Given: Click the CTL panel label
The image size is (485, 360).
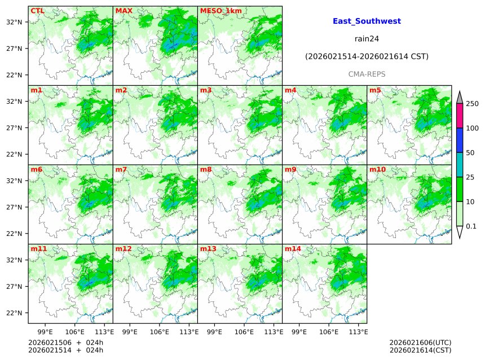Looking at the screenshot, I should pos(37,11).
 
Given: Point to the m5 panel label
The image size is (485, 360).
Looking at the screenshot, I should pos(375,90).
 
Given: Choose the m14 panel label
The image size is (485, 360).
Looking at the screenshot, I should pos(293,248).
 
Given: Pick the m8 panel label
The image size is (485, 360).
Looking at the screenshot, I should pos(206,169).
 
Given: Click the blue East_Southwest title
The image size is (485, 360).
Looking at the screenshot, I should pos(367,21).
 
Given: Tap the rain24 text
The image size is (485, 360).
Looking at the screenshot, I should pos(367,39).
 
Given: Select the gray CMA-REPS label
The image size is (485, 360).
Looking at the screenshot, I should pos(367,74).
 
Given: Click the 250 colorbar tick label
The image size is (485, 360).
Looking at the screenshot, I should pos(472,104).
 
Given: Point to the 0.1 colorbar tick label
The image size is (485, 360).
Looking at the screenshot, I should pos(471,226).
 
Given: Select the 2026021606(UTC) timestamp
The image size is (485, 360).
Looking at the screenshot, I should pos(420,343).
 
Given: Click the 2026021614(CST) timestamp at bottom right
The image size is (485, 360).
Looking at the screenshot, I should pos(420,350).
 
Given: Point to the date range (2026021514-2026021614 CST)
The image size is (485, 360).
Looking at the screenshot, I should pos(367,56).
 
